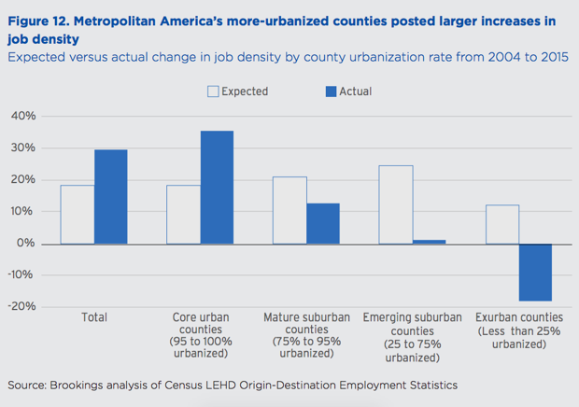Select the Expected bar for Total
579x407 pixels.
click(x=78, y=214)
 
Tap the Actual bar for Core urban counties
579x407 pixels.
click(x=217, y=187)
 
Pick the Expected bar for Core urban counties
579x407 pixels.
click(x=183, y=214)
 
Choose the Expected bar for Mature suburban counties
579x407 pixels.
click(x=289, y=210)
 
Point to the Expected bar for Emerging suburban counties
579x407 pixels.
click(x=396, y=204)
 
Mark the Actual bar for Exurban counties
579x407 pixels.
click(x=535, y=272)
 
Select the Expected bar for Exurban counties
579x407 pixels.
click(x=502, y=224)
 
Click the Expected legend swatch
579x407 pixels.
click(x=212, y=91)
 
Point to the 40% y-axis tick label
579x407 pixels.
click(x=23, y=116)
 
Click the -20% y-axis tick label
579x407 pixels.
click(x=22, y=306)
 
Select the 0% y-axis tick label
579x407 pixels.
click(x=27, y=243)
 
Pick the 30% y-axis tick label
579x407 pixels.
click(x=23, y=147)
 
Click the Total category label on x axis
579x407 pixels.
click(x=93, y=317)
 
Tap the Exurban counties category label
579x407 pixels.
click(x=519, y=317)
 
